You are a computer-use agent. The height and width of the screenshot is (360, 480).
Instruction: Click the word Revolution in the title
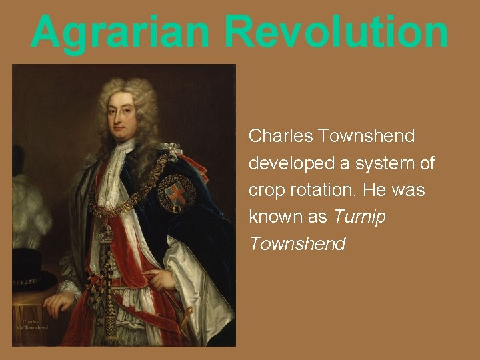(337, 31)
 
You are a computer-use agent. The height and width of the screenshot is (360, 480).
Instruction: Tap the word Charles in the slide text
(280, 136)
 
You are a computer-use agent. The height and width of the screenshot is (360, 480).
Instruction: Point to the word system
(375, 163)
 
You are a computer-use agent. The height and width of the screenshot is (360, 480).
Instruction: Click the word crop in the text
(264, 190)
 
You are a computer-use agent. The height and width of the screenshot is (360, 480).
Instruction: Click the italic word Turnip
(359, 217)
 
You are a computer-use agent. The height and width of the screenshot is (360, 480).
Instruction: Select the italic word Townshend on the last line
(297, 245)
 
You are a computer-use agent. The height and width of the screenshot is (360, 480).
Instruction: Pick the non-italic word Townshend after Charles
(367, 136)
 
